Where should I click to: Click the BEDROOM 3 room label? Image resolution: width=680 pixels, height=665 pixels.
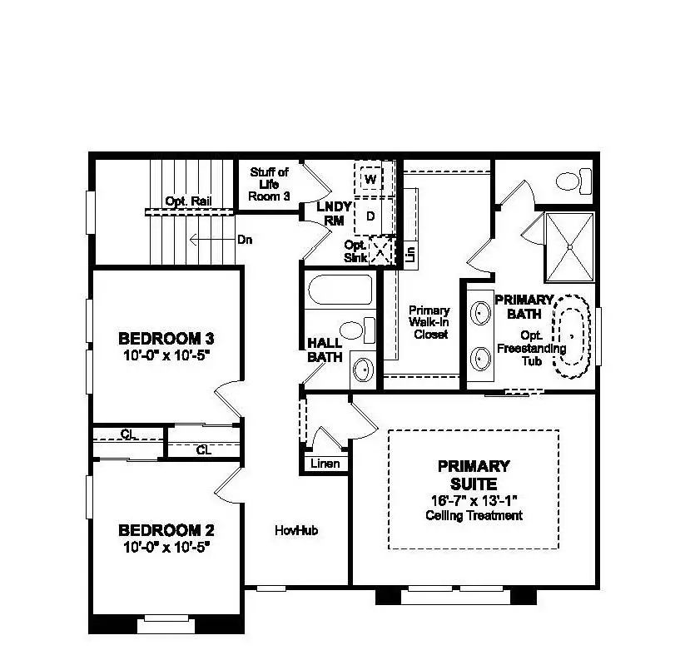click(x=166, y=339)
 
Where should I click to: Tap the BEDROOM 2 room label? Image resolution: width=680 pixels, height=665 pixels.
click(x=166, y=530)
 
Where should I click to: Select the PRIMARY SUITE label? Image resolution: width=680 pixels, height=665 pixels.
click(x=474, y=474)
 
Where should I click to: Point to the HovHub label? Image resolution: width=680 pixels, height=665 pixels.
click(x=297, y=530)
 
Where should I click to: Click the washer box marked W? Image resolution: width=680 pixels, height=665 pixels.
click(x=370, y=179)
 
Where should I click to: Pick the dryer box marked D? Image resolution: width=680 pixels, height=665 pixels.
click(x=370, y=216)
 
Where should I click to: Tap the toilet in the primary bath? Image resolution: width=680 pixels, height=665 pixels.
click(x=573, y=180)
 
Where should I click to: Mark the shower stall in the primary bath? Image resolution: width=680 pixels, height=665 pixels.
click(x=568, y=246)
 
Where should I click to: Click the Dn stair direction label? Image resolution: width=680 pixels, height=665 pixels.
click(x=245, y=240)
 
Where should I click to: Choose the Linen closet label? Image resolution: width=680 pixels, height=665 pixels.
click(x=325, y=464)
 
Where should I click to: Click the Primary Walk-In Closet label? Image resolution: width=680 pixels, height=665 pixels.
click(x=429, y=322)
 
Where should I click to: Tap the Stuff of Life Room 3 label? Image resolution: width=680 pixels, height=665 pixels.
click(x=269, y=184)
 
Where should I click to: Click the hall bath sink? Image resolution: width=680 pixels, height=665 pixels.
click(x=363, y=367)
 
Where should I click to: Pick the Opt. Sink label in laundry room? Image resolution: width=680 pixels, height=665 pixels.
click(x=355, y=251)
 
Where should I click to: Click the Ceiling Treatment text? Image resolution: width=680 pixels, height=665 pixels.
click(x=474, y=515)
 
